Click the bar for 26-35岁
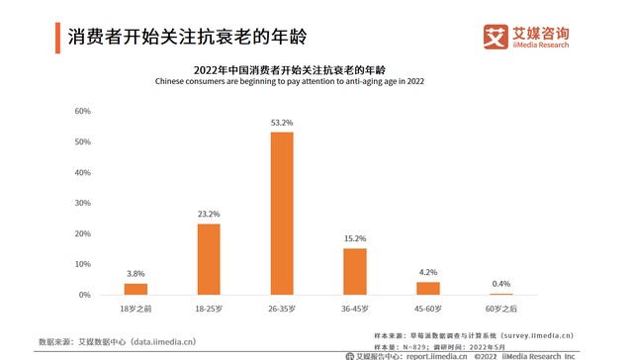[x=282, y=214]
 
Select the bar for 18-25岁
[x=209, y=259]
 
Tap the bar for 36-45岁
[x=355, y=271]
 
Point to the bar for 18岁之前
[x=136, y=289]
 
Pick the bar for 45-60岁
[x=428, y=288]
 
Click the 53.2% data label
[x=282, y=123]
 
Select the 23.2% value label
[x=209, y=215]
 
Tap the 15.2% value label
[x=355, y=238]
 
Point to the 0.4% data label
[x=501, y=284]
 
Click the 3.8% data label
[x=136, y=273]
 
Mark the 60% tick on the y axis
[x=83, y=111]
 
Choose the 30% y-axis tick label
[x=83, y=203]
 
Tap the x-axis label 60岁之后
[x=501, y=309]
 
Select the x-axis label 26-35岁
[x=282, y=309]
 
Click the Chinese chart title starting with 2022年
[x=289, y=70]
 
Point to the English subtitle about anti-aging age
[x=289, y=82]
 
